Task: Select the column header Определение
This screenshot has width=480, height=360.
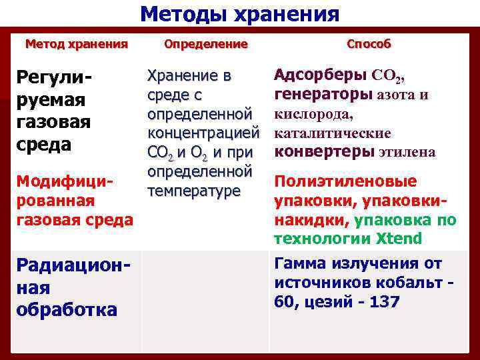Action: [x=205, y=44]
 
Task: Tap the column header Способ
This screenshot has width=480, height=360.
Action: [x=369, y=44]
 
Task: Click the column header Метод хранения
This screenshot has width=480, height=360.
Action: [x=76, y=44]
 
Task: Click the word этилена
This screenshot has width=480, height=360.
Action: [x=407, y=152]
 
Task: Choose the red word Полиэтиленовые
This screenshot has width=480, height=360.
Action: [x=345, y=182]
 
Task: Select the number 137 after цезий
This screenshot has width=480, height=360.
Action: [x=383, y=302]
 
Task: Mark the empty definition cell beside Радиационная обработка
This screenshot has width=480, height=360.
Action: [x=205, y=300]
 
